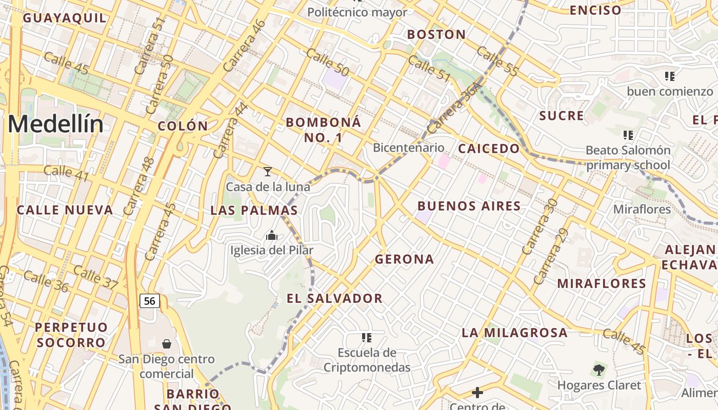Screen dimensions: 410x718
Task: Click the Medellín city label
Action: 55,125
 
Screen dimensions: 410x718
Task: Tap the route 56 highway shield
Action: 150,301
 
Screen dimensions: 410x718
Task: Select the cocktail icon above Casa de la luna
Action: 267,171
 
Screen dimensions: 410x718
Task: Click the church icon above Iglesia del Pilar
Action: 271,235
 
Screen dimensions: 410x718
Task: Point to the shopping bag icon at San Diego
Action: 166,343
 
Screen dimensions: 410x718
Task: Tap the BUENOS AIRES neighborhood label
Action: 469,206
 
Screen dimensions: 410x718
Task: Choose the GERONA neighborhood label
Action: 404,259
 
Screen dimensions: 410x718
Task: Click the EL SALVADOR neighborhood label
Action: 334,298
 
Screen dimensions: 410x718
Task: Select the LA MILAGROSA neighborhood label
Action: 514,333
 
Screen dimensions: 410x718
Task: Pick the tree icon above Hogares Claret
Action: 599,370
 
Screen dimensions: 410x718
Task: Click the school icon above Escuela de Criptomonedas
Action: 366,337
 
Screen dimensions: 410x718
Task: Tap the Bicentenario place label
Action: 408,148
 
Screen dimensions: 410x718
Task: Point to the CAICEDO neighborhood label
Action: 488,149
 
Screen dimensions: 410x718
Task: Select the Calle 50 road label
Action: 328,63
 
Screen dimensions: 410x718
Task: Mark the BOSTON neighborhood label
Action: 436,34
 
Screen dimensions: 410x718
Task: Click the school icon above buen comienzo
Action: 669,76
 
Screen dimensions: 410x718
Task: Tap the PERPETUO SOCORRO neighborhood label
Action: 71,335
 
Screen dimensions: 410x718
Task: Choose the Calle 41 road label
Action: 67,173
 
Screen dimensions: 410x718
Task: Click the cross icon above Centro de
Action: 477,393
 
